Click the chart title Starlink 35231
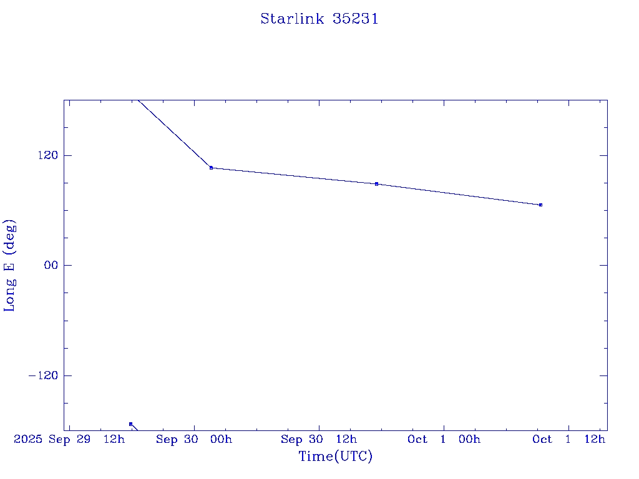pyautogui.click(x=319, y=19)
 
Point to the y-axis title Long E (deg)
pyautogui.click(x=9, y=265)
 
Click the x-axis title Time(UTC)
pyautogui.click(x=335, y=457)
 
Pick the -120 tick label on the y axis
pyautogui.click(x=42, y=375)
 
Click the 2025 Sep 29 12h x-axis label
pyautogui.click(x=69, y=440)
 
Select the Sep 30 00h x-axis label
pyautogui.click(x=193, y=440)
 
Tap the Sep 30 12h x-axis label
pyautogui.click(x=319, y=440)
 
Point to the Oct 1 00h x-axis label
pyautogui.click(x=444, y=440)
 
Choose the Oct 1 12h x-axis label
pyautogui.click(x=568, y=440)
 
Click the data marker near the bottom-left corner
pyautogui.click(x=130, y=424)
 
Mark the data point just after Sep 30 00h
pyautogui.click(x=211, y=168)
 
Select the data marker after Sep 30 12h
pyautogui.click(x=376, y=184)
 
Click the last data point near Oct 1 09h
pyautogui.click(x=540, y=205)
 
